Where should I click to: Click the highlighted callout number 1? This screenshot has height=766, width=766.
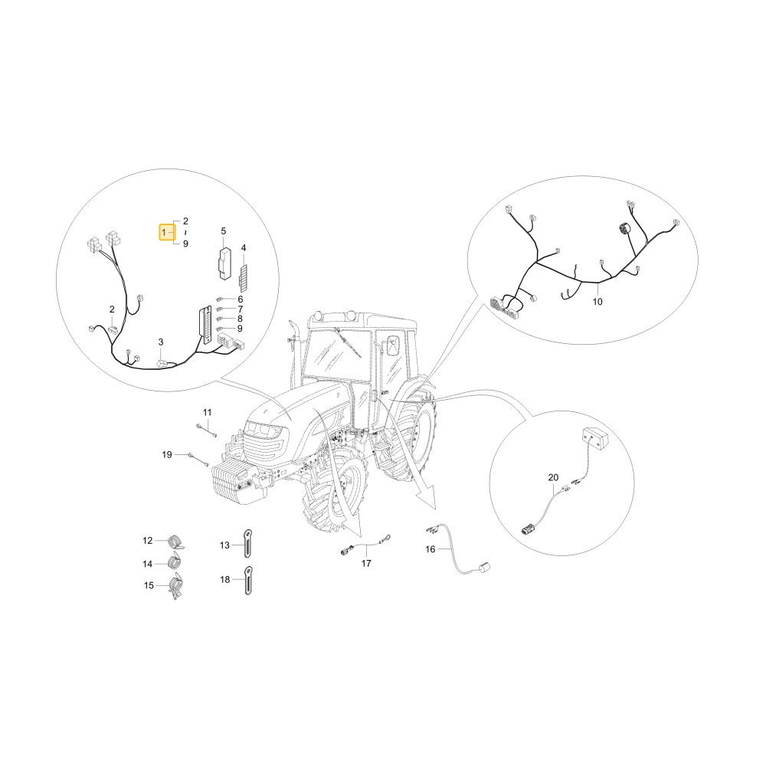pyautogui.click(x=164, y=233)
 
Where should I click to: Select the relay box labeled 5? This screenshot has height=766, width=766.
pyautogui.click(x=224, y=264)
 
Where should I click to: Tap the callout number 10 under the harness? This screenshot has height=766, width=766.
pyautogui.click(x=597, y=302)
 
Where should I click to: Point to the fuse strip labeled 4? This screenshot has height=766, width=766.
pyautogui.click(x=244, y=278)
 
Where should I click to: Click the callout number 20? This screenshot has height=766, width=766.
pyautogui.click(x=553, y=477)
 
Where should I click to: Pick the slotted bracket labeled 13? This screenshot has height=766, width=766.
pyautogui.click(x=248, y=544)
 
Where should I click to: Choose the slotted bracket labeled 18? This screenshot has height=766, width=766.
pyautogui.click(x=248, y=581)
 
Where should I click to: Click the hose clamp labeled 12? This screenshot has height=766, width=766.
pyautogui.click(x=175, y=542)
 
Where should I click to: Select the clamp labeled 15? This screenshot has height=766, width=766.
pyautogui.click(x=175, y=586)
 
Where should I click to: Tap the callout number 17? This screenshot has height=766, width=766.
pyautogui.click(x=366, y=563)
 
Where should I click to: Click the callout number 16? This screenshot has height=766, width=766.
pyautogui.click(x=430, y=549)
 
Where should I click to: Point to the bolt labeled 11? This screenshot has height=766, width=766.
pyautogui.click(x=207, y=430)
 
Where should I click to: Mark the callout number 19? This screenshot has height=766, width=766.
pyautogui.click(x=167, y=455)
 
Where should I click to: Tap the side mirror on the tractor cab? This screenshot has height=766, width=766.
pyautogui.click(x=391, y=347)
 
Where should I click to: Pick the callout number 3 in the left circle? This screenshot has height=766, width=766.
pyautogui.click(x=161, y=342)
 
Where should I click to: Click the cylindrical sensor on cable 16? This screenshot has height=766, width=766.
pyautogui.click(x=485, y=568)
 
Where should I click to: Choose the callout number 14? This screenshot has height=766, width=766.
pyautogui.click(x=148, y=565)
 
